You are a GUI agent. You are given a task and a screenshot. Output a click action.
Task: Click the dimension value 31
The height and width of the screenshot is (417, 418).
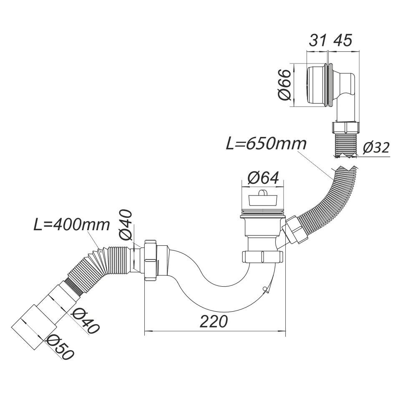point(317,41)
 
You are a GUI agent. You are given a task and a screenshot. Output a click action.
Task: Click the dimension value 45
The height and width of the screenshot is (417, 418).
point(342,41)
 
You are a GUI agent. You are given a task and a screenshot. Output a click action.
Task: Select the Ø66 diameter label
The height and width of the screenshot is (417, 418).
point(284,85)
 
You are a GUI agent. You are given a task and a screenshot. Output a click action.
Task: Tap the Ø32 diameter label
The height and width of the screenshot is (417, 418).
point(376,147)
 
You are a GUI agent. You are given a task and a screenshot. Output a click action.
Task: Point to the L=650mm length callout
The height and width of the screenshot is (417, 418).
point(266,144)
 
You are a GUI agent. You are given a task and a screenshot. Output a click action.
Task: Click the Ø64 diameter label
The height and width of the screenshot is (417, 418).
point(263,178)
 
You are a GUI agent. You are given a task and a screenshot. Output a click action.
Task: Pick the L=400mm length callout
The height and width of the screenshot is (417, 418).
point(72,225)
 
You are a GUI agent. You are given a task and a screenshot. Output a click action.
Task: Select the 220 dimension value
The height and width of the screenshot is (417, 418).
point(214,321)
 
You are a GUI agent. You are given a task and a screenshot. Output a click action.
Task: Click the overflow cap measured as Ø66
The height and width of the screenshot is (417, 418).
point(317,85)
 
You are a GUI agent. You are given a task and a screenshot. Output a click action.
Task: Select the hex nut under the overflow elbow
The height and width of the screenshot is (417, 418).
point(346,127)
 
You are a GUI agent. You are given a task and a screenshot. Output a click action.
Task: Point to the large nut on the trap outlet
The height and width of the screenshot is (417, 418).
point(151,259)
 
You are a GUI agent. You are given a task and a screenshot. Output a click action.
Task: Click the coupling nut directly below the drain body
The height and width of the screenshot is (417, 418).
point(262,257)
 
